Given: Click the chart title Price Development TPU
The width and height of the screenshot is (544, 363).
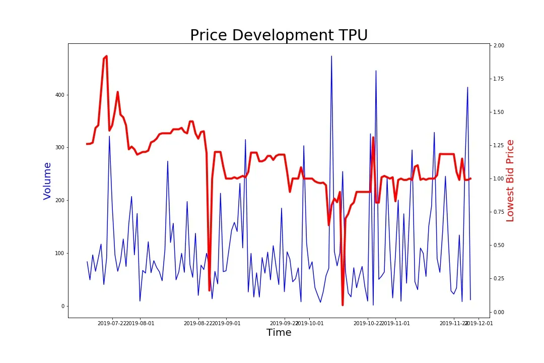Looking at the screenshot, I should (279, 35).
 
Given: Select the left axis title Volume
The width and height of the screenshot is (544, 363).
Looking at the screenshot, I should (47, 180).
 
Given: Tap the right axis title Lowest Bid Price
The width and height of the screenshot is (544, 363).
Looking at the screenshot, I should (510, 180).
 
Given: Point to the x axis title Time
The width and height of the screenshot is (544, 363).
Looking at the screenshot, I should (279, 333).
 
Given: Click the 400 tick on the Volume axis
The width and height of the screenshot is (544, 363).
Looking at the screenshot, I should (59, 95).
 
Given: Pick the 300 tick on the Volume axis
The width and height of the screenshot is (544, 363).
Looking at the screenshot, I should (59, 148).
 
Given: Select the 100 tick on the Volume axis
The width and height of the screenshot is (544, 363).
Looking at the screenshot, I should (59, 253).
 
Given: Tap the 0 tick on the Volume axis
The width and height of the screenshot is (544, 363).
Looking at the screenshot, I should (62, 306).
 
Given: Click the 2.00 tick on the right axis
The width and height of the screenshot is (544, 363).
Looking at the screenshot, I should (499, 46).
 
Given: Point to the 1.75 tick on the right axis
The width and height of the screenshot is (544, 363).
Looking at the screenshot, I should (499, 79).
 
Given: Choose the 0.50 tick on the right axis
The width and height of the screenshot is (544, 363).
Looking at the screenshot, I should (499, 246).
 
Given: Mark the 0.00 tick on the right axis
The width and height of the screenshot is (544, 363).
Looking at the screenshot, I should (499, 312).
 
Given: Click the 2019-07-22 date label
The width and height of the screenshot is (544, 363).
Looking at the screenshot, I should (112, 323).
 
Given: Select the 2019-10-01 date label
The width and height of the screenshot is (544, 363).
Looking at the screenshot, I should (310, 323).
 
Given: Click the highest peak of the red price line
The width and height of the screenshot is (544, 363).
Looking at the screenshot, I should (106, 56).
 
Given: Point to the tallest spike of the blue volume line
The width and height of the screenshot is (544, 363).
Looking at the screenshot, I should (331, 56).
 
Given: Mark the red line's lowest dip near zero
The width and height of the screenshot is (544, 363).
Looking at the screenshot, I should (343, 305).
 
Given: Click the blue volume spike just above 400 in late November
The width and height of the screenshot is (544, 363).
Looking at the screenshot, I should (467, 87).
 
